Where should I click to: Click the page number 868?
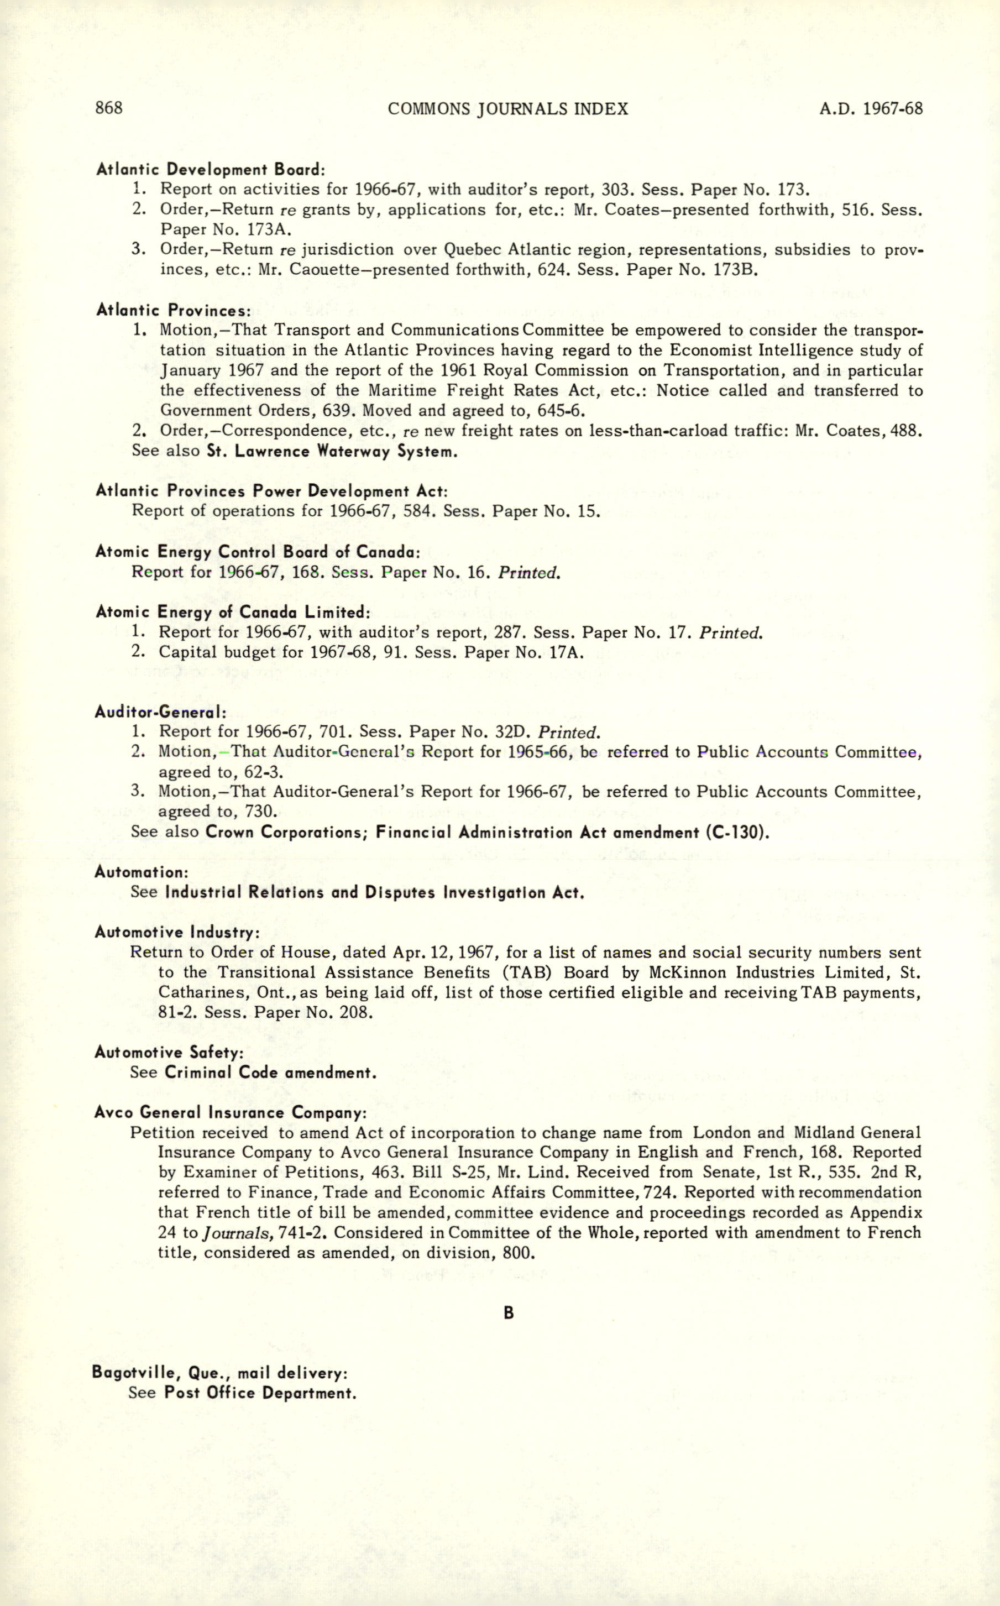coord(109,108)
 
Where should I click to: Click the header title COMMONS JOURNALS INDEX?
coord(508,109)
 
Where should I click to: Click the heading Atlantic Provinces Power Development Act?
coord(271,491)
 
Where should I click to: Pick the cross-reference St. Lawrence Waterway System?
coord(332,452)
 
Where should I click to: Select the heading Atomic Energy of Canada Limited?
coord(233,612)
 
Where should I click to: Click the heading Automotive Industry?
coord(176,932)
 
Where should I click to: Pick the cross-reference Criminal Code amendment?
coord(270,1072)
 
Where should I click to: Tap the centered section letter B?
coord(509,1313)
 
